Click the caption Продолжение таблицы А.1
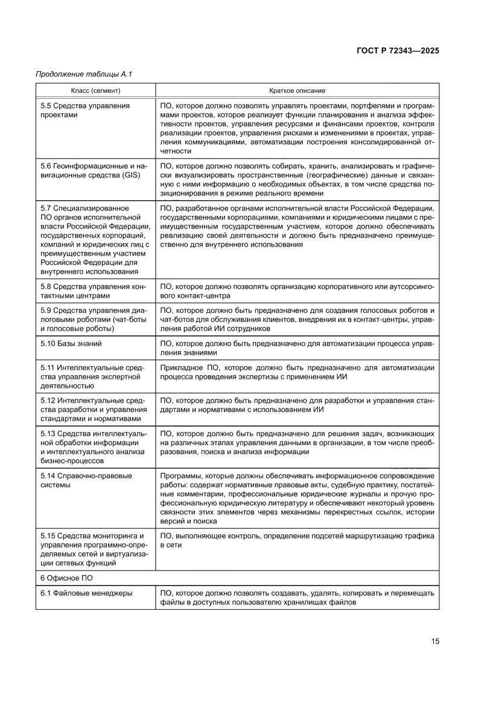pyautogui.click(x=84, y=74)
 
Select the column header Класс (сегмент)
pyautogui.click(x=95, y=90)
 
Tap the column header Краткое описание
pyautogui.click(x=297, y=90)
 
